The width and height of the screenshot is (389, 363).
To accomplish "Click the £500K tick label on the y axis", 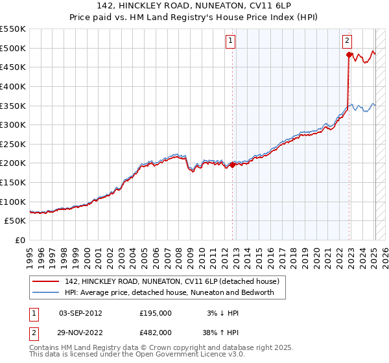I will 13,48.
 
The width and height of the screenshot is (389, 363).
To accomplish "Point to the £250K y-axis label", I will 13,144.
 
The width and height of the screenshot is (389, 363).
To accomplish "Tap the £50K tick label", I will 16,220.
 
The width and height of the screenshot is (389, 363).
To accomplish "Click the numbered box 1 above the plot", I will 230,40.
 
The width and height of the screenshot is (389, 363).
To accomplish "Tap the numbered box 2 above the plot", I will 347,40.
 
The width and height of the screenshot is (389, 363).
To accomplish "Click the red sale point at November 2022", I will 349,55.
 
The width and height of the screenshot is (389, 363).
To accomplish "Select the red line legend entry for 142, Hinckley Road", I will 171,281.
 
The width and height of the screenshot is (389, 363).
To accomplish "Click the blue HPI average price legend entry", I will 169,292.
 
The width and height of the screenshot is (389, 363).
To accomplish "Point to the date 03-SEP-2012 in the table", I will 80,312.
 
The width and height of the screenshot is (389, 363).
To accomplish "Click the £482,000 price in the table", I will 156,332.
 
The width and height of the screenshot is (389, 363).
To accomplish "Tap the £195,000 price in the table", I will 156,312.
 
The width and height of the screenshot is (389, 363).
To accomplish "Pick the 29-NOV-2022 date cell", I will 80,332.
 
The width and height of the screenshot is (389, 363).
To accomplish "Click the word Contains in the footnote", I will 46,347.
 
